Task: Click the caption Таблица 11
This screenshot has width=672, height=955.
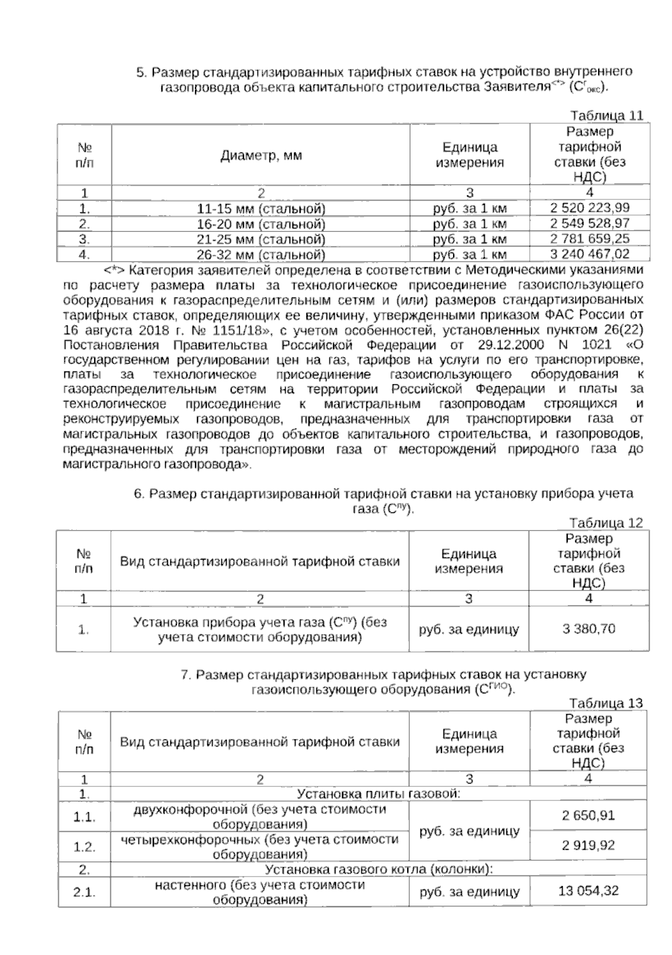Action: [x=606, y=116]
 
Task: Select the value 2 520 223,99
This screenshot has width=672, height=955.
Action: [x=590, y=208]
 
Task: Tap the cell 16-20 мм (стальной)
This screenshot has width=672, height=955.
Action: [x=261, y=224]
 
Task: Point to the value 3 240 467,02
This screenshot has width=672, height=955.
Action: [x=590, y=254]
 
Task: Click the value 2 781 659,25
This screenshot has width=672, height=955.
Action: [x=590, y=239]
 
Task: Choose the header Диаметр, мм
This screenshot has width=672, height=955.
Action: [x=261, y=155]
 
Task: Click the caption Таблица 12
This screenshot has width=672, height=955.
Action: [x=606, y=523]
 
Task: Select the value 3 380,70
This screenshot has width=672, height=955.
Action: [x=589, y=628]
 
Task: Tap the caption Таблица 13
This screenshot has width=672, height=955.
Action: [x=606, y=703]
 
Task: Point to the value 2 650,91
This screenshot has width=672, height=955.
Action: [x=589, y=815]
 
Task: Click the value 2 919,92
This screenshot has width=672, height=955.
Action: [x=589, y=845]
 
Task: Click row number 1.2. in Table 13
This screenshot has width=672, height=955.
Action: [x=84, y=846]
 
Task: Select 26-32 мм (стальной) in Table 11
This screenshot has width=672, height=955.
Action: [x=261, y=255]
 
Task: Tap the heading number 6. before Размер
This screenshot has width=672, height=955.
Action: [x=139, y=494]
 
